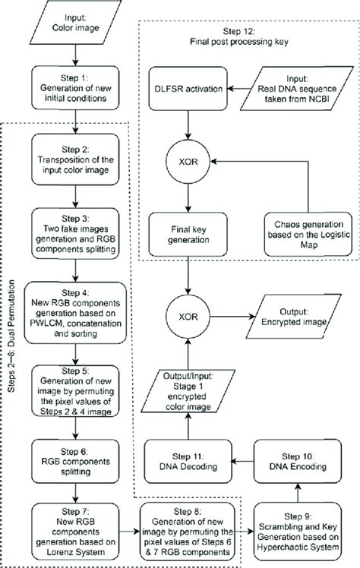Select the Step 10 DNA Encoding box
(297, 461)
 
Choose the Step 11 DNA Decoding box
(188, 461)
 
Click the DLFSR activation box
(187, 90)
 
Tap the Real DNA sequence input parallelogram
(297, 90)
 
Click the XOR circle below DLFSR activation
(187, 161)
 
